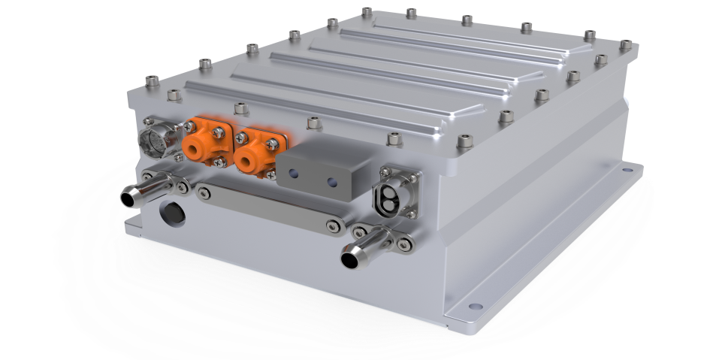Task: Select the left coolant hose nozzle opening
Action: (128, 199)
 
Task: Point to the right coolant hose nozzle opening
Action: (350, 260)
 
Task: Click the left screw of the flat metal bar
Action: (203, 193)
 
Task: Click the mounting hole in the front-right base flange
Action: (473, 306)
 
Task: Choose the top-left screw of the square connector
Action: (383, 174)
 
